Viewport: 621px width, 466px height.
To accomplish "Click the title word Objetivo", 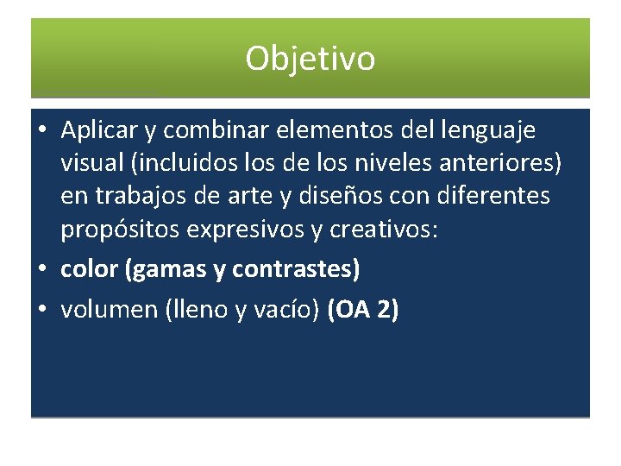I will tap(310, 60).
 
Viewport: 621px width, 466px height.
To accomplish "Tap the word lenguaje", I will tap(488, 130).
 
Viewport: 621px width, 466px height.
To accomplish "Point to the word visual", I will tap(90, 164).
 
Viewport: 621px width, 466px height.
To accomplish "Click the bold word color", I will tap(90, 270).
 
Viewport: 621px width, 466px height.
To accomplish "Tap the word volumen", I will tap(109, 310).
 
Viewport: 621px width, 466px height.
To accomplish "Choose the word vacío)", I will tap(287, 310).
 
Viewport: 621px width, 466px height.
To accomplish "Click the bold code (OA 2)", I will tap(363, 310).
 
